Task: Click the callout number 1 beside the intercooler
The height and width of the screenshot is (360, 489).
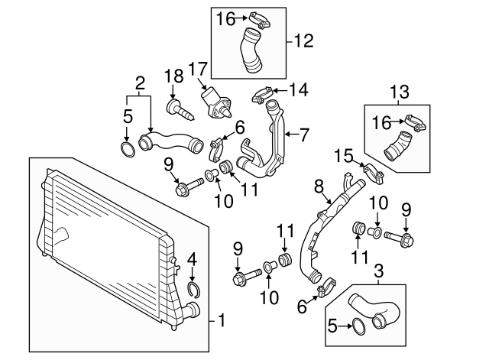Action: (222, 318)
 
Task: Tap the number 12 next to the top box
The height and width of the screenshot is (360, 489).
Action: (304, 41)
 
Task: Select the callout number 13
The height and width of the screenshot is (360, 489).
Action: (398, 93)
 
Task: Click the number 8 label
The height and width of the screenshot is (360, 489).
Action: (319, 185)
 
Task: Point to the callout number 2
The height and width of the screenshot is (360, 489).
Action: (140, 83)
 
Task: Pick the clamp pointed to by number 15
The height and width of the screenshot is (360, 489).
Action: (372, 170)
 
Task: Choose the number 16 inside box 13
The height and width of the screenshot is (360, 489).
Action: (381, 121)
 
